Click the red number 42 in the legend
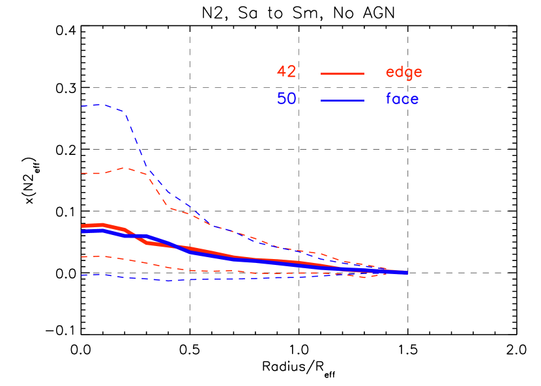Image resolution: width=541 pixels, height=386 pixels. coord(286,72)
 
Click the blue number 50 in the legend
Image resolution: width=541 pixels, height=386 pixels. coord(286,99)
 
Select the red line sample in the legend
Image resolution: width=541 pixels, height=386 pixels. coord(342,74)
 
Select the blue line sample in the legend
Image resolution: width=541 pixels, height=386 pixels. coord(342,100)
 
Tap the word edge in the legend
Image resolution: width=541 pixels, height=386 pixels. coord(403,72)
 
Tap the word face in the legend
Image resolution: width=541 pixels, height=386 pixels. coord(402,99)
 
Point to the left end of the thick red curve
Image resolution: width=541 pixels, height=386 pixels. coord(82,226)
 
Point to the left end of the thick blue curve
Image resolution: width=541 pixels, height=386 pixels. coord(82,231)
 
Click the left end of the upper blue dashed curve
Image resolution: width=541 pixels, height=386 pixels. coord(82,105)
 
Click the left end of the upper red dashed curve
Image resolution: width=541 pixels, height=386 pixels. coord(82,173)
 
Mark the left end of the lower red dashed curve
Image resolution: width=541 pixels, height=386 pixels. coord(82,256)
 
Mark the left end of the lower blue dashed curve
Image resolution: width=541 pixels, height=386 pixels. coord(82,275)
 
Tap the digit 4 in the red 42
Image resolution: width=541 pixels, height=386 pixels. coord(282,72)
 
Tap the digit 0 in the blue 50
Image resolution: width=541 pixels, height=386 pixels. coord(291,99)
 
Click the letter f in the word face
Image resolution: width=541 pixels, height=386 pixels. coord(389,98)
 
